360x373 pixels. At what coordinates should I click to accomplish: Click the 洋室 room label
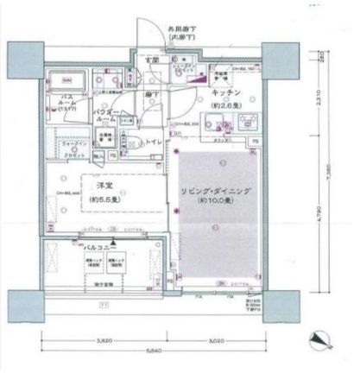104,187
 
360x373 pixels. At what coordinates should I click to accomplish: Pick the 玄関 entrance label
151,59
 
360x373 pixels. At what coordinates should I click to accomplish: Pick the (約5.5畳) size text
104,199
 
